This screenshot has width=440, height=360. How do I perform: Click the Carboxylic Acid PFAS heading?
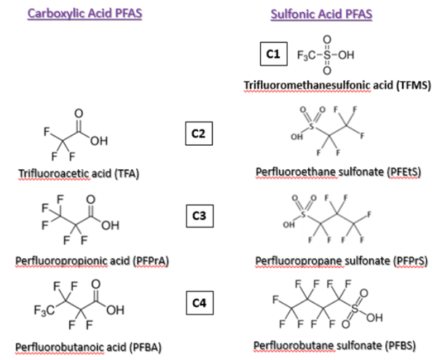[85, 14]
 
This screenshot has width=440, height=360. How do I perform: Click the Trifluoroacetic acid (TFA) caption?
[79, 173]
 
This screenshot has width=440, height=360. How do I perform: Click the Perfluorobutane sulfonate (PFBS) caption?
[334, 345]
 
